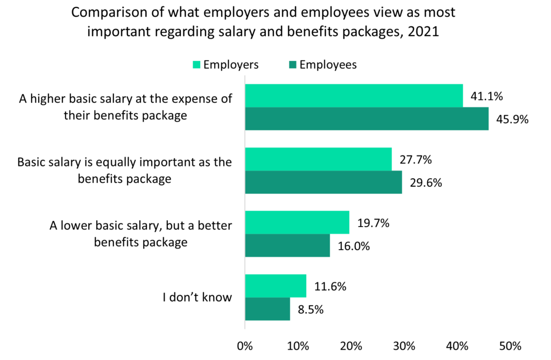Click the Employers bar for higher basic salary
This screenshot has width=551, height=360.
(354, 96)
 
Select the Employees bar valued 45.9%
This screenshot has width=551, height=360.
(366, 118)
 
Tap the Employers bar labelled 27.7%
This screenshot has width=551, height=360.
(318, 159)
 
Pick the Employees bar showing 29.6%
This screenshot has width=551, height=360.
(323, 182)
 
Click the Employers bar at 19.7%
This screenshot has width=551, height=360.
(297, 222)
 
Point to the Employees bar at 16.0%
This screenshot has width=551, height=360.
(287, 245)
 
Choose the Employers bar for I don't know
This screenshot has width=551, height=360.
(275, 286)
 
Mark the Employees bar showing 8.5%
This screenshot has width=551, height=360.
(267, 309)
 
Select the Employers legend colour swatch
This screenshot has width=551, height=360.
(196, 65)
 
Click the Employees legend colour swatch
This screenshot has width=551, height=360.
(292, 65)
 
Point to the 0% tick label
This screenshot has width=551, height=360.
(245, 345)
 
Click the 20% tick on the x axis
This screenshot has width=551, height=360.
(351, 345)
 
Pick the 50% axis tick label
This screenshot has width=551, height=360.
(510, 345)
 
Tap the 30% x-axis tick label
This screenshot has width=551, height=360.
(404, 345)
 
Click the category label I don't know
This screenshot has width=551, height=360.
(197, 297)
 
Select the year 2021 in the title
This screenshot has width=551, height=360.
(423, 32)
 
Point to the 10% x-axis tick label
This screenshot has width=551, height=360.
(298, 345)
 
